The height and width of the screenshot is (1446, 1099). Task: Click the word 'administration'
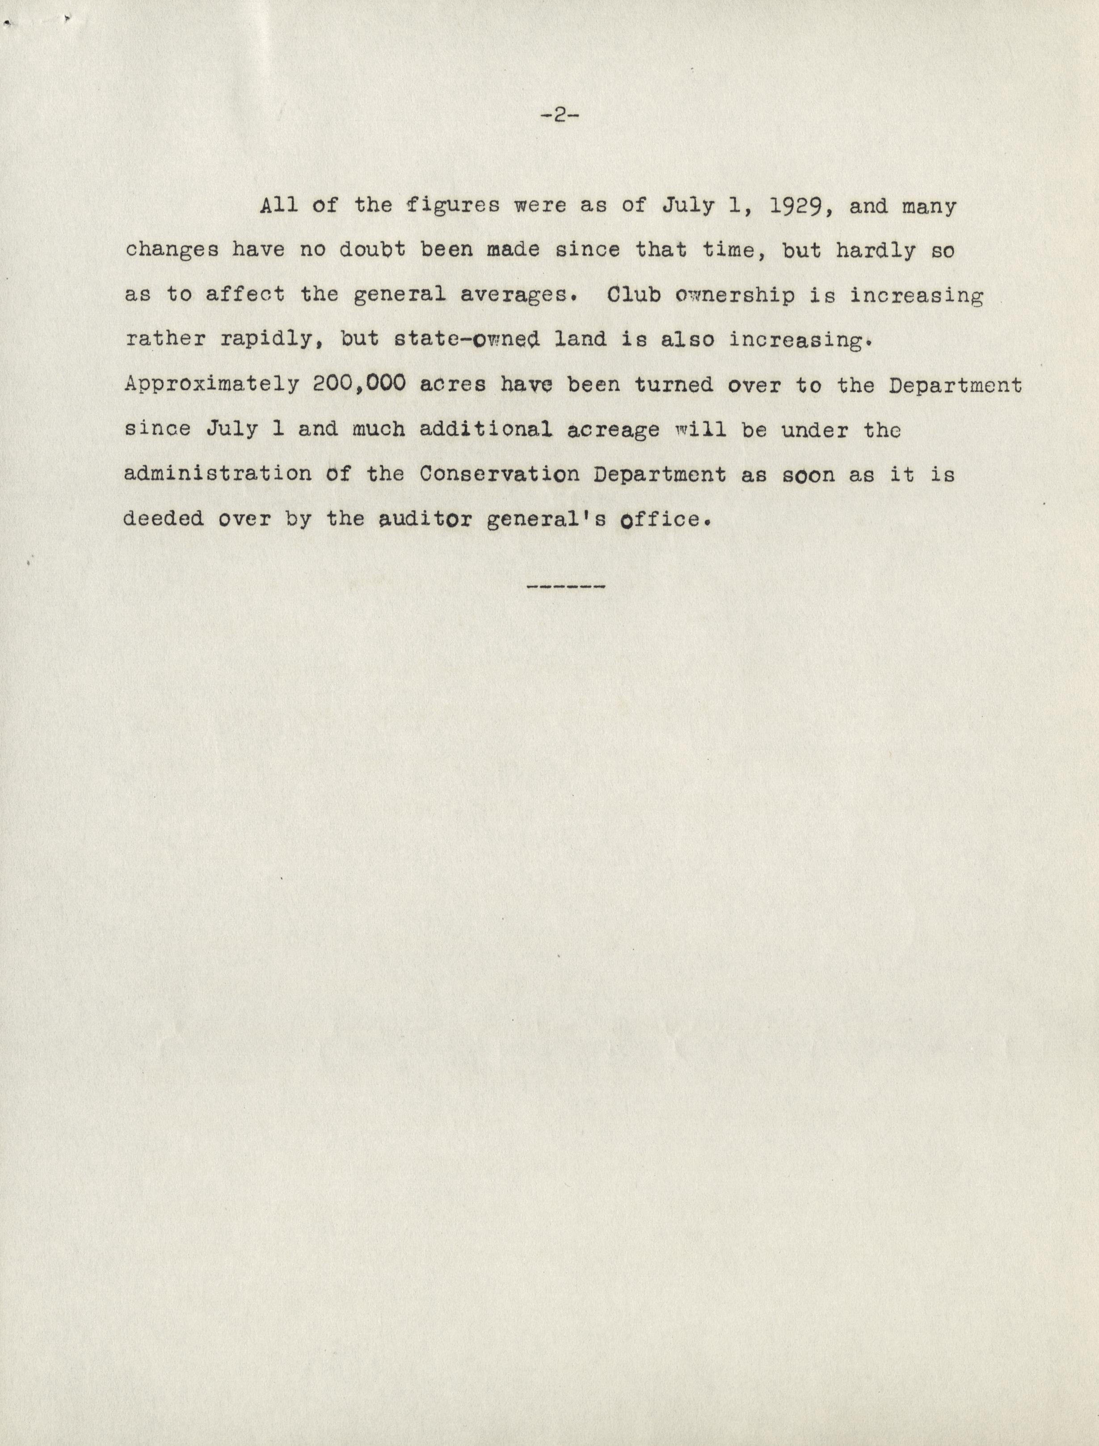tap(218, 474)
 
